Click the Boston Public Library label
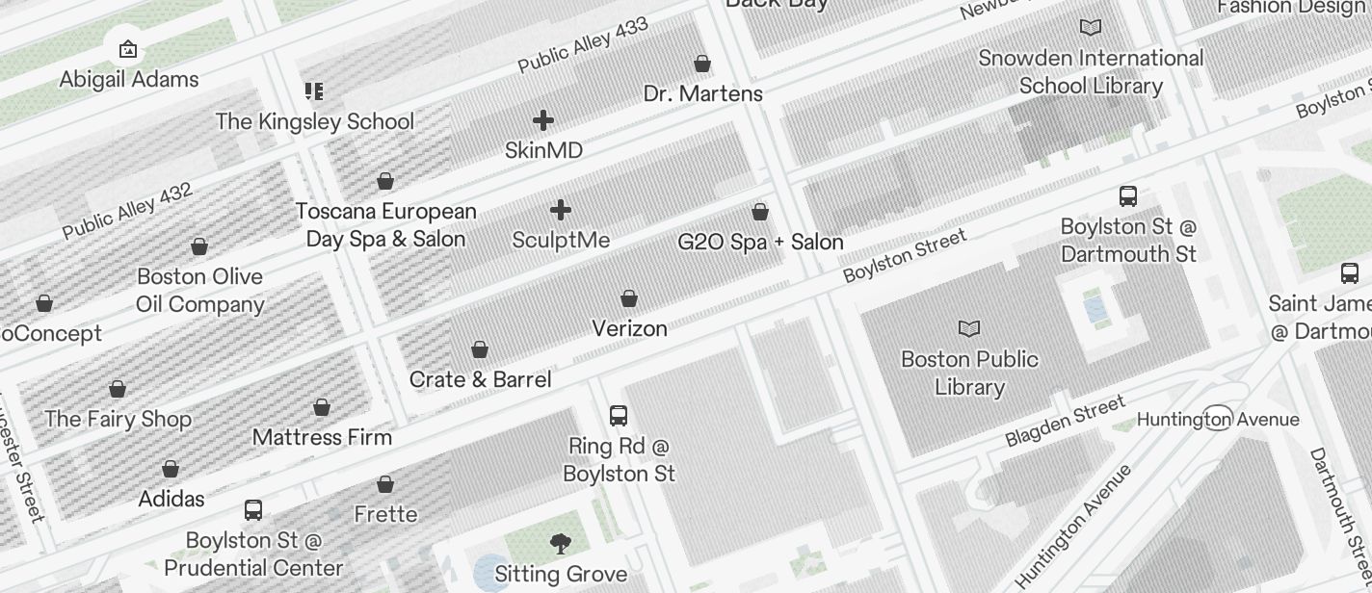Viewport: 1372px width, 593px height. pos(969,373)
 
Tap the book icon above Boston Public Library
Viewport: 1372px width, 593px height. pos(969,329)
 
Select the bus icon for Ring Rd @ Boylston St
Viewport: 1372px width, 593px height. pos(619,416)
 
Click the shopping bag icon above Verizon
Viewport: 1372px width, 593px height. pos(629,298)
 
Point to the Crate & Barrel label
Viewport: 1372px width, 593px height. pos(480,379)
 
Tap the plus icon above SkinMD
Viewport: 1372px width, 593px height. pos(543,120)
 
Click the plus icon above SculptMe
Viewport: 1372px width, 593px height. pos(561,210)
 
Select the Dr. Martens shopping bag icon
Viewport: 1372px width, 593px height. pos(702,64)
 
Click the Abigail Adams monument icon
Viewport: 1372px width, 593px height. pos(128,48)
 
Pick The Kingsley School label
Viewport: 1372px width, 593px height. pos(315,121)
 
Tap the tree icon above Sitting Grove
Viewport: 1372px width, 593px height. pos(561,544)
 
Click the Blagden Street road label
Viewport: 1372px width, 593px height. pos(1065,421)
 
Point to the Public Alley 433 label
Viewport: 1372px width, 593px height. pos(583,44)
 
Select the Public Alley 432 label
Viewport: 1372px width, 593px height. pos(127,211)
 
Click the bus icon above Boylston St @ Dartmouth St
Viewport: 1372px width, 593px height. pos(1128,196)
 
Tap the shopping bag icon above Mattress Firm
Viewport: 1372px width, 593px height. pos(322,407)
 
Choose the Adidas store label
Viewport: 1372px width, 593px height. pos(171,499)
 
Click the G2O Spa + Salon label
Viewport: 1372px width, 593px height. pos(760,242)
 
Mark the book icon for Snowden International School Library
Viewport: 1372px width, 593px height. pos(1091,28)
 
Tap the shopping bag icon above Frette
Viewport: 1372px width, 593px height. pos(385,484)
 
